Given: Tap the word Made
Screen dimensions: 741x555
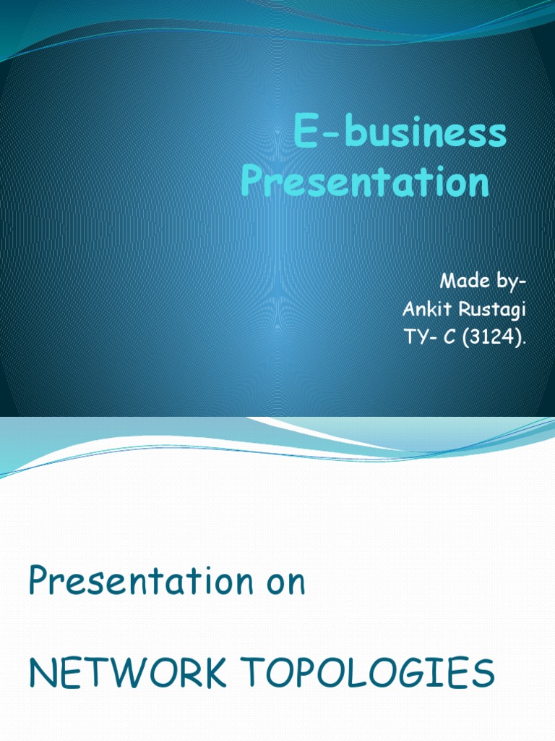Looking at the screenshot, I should [457, 282].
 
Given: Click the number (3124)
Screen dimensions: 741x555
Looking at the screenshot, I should [491, 339].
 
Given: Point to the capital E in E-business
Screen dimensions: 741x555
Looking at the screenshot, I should [305, 136].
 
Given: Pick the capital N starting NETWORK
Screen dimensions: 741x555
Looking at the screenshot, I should [41, 674].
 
